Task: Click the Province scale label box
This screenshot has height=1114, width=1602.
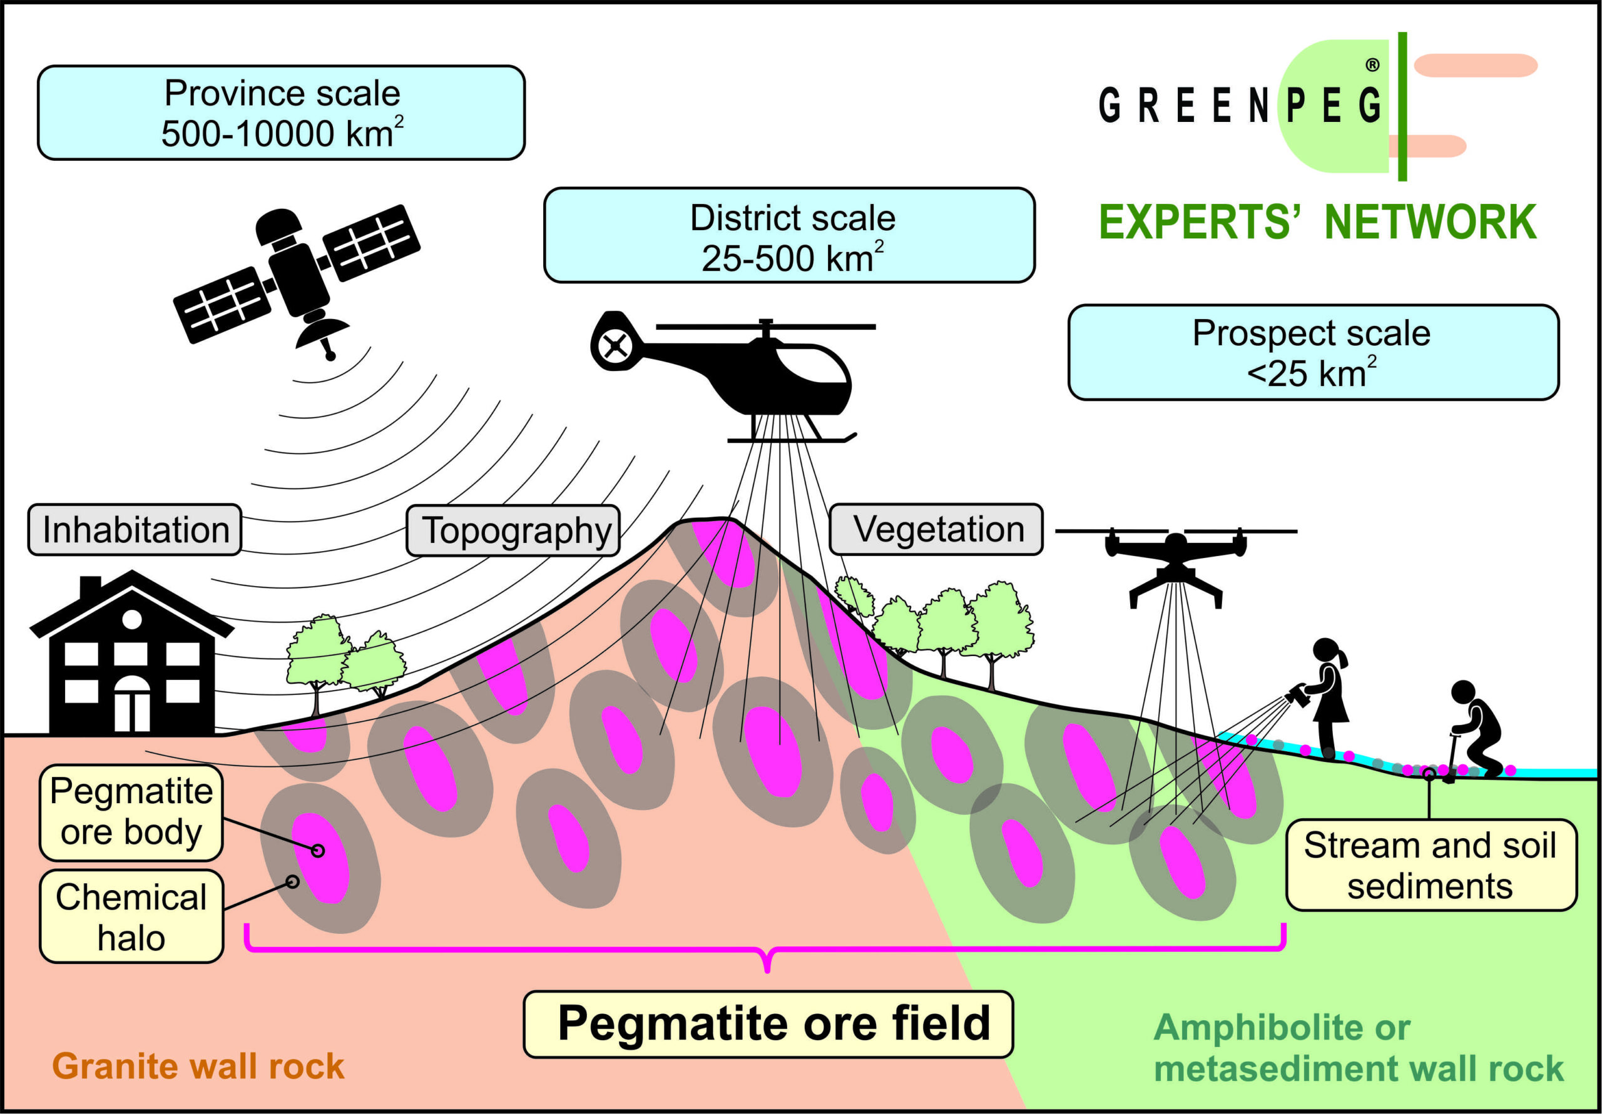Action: coord(281,113)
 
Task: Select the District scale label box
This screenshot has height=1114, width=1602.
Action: coord(789,235)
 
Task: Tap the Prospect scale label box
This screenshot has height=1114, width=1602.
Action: coord(1314,352)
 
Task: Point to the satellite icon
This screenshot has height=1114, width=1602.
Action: coord(297,279)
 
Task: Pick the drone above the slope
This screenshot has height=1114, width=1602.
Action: coord(1176,562)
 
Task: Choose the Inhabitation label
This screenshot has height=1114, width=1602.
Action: coord(135,529)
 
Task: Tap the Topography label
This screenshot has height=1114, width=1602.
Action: coord(514,530)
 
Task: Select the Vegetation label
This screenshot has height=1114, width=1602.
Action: coord(936,529)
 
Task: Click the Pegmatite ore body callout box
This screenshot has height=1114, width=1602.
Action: coord(131,813)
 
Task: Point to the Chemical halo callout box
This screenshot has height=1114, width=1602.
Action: coord(131,916)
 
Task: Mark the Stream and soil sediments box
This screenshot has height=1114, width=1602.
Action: coord(1432,865)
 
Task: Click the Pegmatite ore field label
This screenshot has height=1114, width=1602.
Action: coord(768,1024)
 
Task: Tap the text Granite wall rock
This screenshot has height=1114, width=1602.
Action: coord(198,1066)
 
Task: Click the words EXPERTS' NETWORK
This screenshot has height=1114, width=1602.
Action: coord(1317,223)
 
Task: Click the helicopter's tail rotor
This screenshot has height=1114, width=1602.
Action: coord(615,345)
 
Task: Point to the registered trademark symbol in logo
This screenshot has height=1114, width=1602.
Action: coord(1372,65)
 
